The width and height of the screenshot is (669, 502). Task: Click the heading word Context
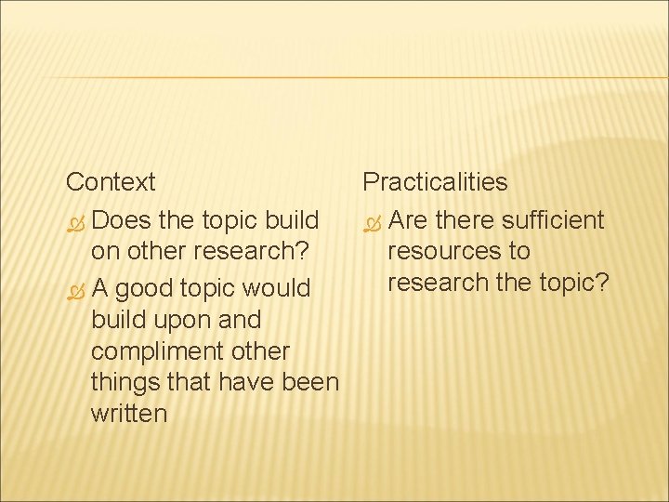click(111, 181)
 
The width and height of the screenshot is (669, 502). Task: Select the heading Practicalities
click(435, 181)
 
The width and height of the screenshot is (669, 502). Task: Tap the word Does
click(123, 221)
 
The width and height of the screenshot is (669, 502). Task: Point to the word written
click(129, 414)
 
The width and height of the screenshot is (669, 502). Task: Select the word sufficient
click(552, 220)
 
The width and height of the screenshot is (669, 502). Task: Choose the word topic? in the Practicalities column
click(573, 282)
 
